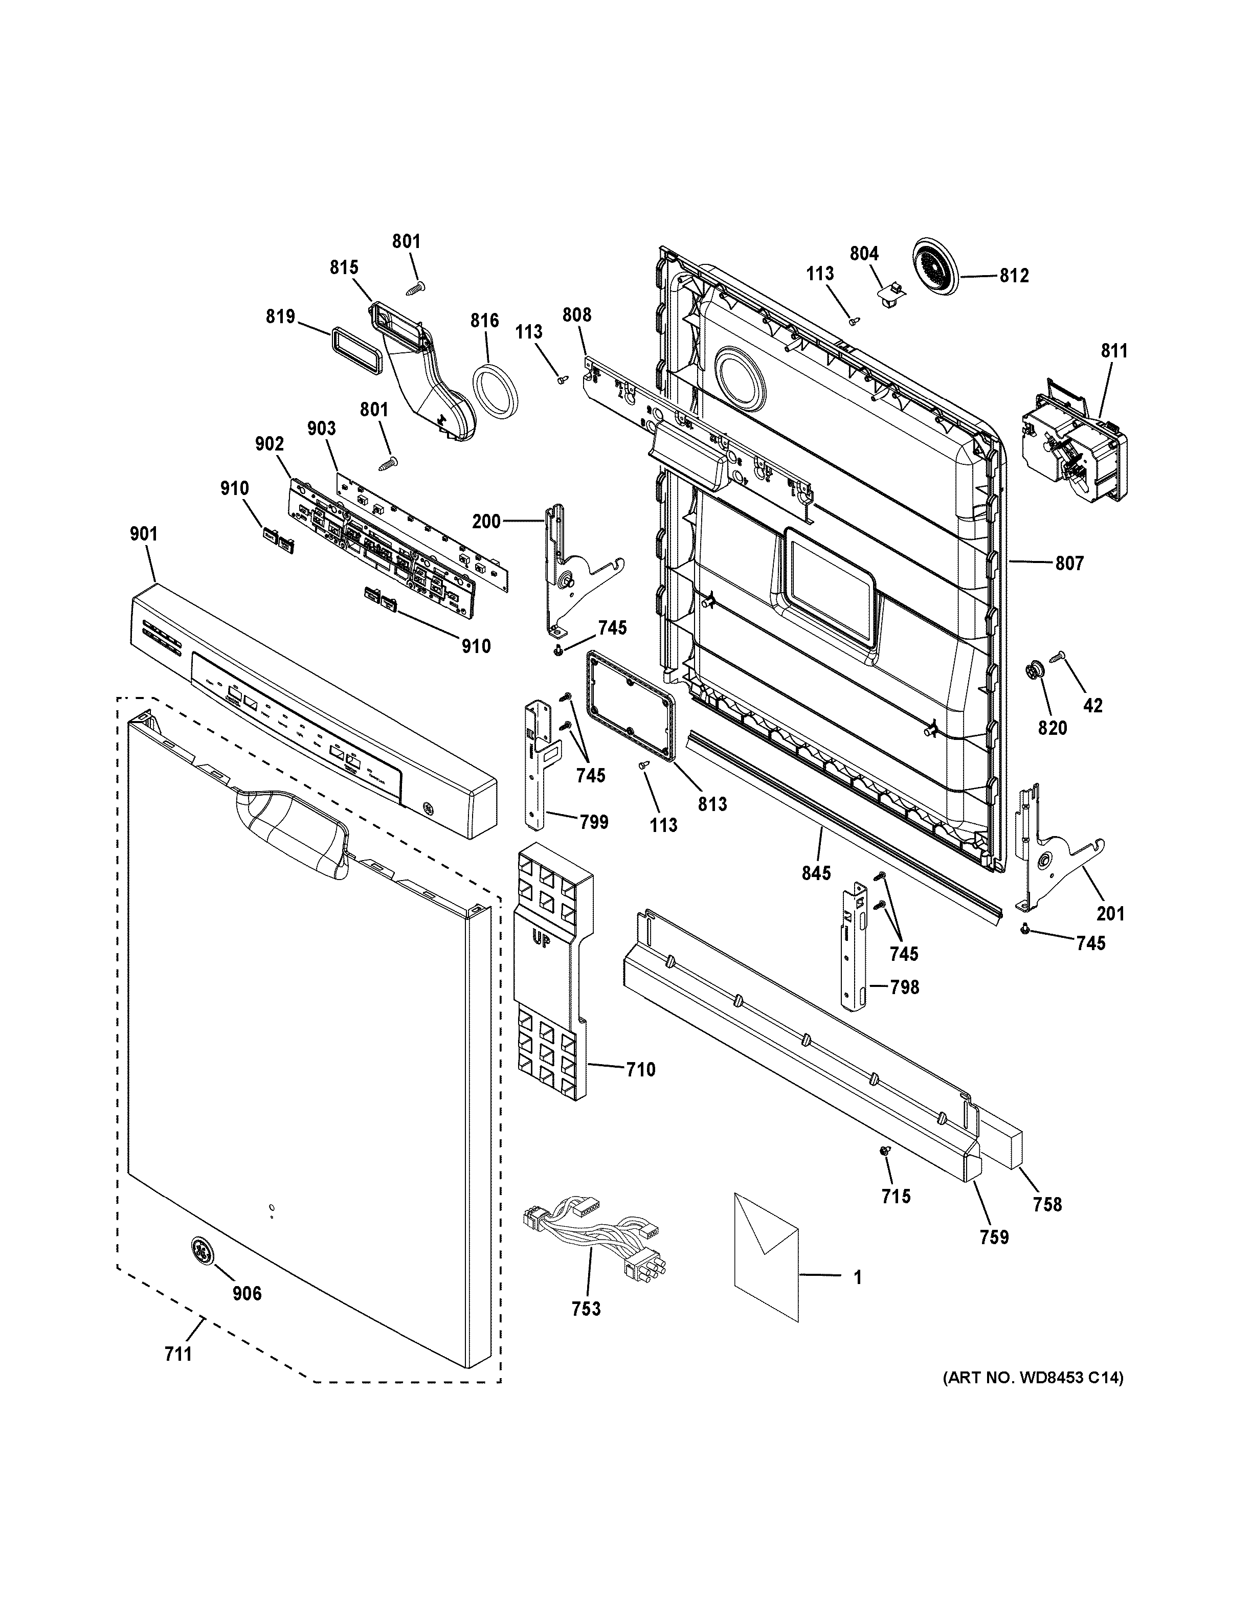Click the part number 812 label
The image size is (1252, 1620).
click(x=1014, y=276)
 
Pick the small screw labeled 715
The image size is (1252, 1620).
click(x=884, y=1151)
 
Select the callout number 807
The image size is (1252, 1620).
click(x=1069, y=564)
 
